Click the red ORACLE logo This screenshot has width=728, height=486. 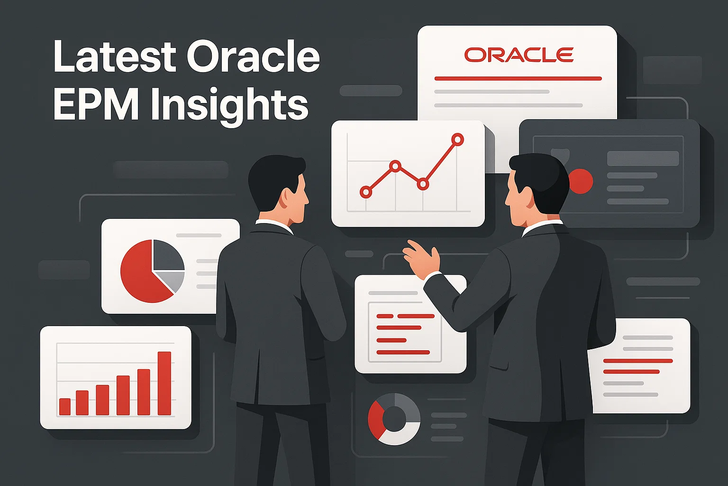[519, 55]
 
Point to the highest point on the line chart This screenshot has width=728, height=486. [457, 140]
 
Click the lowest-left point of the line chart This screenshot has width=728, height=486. [365, 192]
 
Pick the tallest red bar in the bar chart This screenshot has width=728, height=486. [164, 383]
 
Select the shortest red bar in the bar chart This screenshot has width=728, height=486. [64, 407]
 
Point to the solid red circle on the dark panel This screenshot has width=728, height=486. [581, 181]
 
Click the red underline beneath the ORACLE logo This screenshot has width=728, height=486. [518, 78]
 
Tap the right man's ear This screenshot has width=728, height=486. [531, 198]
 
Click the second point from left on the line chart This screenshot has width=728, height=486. [395, 166]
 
